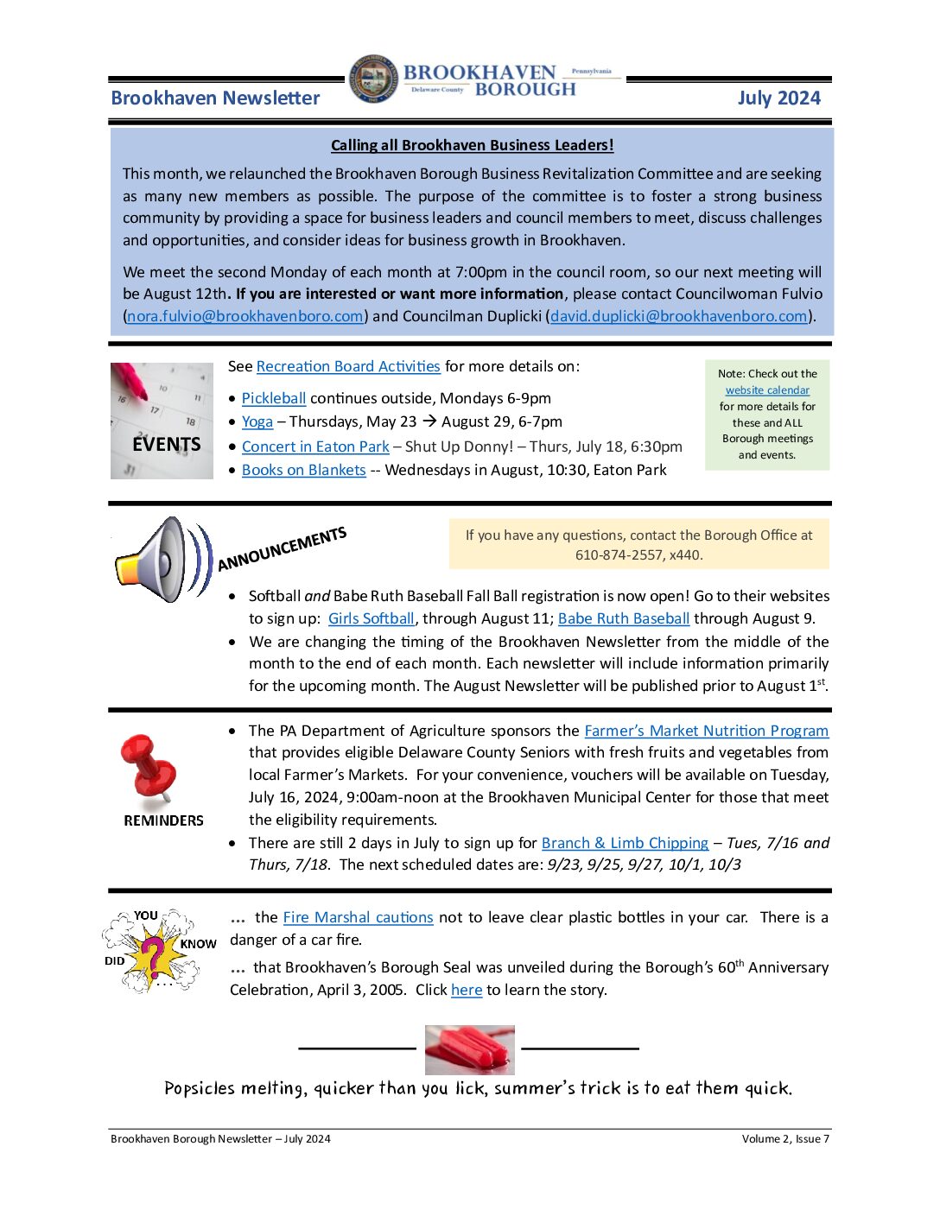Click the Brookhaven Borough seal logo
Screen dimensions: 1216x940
[374, 80]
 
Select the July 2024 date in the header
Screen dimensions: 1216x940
[778, 98]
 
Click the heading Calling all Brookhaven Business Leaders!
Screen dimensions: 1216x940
[472, 145]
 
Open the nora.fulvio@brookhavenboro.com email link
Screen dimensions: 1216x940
[245, 316]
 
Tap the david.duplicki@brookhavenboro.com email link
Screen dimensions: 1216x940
[678, 316]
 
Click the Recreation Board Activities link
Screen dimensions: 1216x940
[348, 366]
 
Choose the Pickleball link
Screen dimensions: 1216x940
[274, 398]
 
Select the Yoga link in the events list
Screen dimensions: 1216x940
[257, 421]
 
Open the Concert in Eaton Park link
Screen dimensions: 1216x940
[315, 446]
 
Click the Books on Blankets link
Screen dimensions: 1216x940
[304, 470]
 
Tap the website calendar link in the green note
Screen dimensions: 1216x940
[767, 390]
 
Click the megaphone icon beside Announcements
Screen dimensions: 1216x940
[161, 560]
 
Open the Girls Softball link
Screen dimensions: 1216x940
[371, 618]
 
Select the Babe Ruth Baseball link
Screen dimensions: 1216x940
[623, 618]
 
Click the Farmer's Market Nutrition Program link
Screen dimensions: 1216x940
[706, 731]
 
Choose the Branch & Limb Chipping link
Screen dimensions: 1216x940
[625, 843]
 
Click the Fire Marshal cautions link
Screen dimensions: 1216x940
[358, 917]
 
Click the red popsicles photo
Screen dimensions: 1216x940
[469, 1049]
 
